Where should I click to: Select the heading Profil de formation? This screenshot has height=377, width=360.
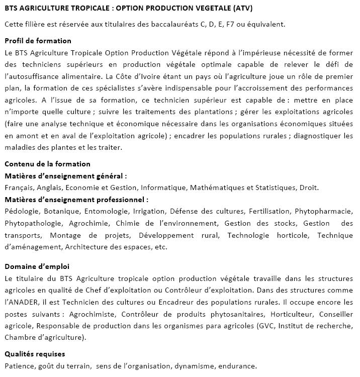(x=38, y=41)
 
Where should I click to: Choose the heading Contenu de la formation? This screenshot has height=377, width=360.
(x=47, y=164)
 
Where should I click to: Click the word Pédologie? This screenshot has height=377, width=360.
(x=21, y=211)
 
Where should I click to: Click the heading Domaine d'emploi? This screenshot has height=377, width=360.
(x=37, y=266)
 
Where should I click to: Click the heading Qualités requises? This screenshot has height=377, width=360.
(x=35, y=354)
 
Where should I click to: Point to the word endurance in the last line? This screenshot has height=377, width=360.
(x=240, y=366)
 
